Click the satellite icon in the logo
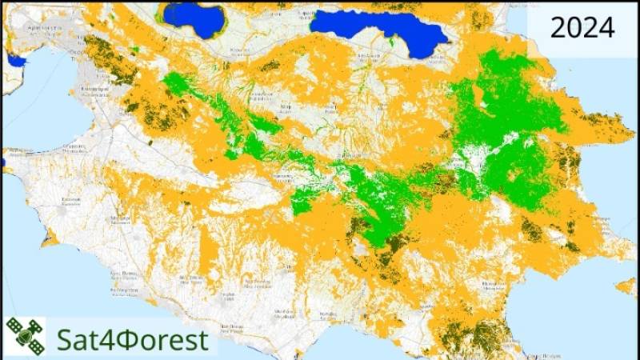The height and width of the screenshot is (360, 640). point(25,335)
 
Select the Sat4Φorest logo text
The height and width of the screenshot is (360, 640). point(132,338)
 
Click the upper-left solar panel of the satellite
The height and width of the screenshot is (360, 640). point(15,326)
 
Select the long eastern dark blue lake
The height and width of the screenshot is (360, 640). point(376,27)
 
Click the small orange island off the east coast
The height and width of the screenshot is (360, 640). point(626,285)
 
